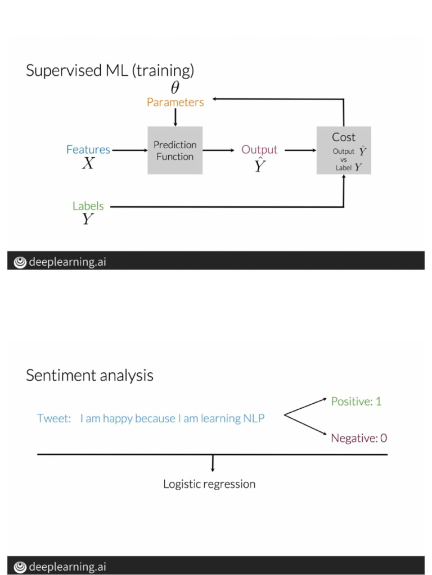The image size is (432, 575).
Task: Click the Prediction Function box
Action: (x=174, y=150)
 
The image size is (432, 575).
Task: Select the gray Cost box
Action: (x=343, y=150)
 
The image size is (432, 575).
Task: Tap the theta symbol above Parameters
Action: (x=175, y=88)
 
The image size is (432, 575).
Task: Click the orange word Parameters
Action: (x=175, y=102)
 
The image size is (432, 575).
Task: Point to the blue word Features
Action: (x=88, y=149)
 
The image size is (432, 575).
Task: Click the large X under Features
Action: (x=88, y=164)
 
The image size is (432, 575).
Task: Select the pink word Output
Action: (x=259, y=149)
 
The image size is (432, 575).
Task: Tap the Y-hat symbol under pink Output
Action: (x=259, y=165)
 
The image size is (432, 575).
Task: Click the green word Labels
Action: (x=88, y=206)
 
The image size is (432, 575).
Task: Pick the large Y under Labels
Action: (x=88, y=220)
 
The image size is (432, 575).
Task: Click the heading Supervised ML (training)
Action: (x=110, y=71)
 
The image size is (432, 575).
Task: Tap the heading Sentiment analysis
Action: (x=89, y=375)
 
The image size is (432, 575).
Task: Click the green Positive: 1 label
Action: (x=356, y=401)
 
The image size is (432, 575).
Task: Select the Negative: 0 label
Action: (x=359, y=438)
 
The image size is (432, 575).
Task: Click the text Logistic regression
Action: (x=209, y=483)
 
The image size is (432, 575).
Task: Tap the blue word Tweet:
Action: (x=53, y=418)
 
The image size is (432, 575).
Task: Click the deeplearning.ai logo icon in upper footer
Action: (x=20, y=262)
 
